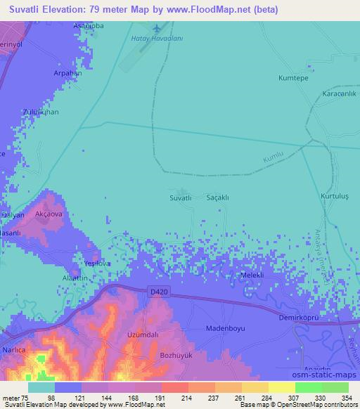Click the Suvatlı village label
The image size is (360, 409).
click(181, 198)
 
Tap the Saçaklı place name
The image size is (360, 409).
click(217, 198)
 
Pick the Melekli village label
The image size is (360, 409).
click(252, 275)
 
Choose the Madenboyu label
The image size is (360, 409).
click(224, 328)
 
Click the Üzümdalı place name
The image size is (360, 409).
click(141, 335)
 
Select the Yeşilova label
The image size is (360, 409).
click(97, 263)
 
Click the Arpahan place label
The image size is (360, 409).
click(67, 72)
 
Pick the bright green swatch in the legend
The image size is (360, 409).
click(309, 387)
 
